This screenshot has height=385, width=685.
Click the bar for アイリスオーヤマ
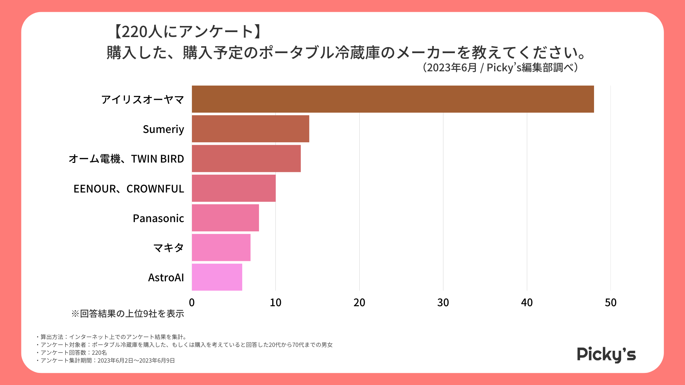392,99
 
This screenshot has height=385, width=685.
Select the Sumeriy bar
250,129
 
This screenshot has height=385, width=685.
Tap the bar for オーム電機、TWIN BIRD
246,158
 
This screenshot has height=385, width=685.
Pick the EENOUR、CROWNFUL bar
234,188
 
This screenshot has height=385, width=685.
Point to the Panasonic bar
225,218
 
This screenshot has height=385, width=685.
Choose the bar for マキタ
221,247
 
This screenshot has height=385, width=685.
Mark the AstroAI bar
217,277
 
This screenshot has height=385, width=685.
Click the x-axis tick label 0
192,303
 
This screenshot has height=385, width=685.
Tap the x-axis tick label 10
275,303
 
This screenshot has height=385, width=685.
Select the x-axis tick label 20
359,303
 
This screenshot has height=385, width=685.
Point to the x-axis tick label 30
443,303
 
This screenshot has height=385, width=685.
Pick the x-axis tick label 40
527,303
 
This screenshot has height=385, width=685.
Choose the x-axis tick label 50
610,303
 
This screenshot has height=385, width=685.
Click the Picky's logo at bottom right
606,354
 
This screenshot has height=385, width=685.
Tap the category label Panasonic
158,218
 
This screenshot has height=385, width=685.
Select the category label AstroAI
166,277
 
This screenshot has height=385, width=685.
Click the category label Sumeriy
163,129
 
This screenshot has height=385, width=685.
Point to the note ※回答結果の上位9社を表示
128,314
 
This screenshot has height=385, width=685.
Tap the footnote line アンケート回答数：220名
73,353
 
